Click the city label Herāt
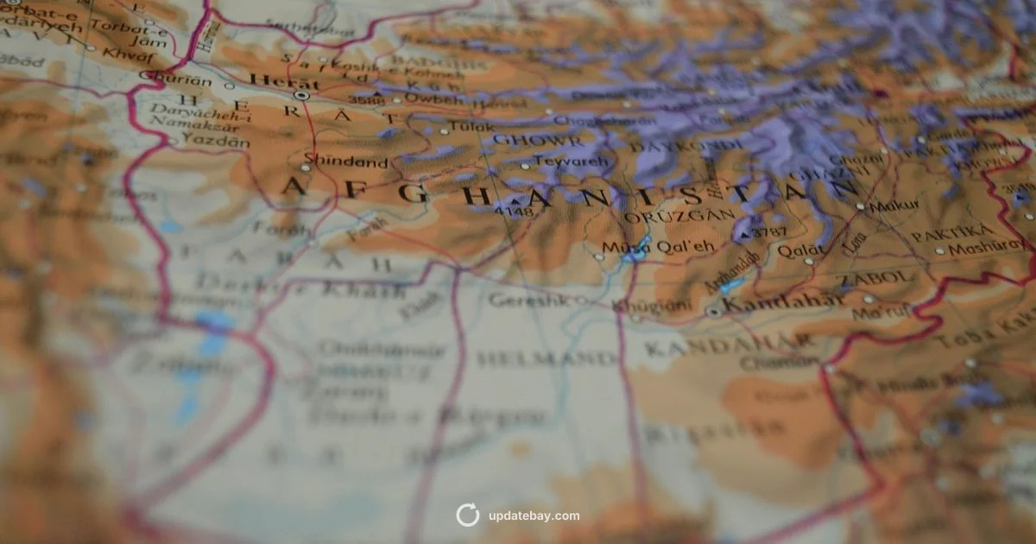(272, 80)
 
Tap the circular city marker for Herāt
(300, 95)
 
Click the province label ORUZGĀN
(679, 217)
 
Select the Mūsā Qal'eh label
(658, 246)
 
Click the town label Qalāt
(800, 250)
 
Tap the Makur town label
(894, 207)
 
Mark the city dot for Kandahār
(713, 311)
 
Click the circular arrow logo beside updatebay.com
(467, 516)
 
